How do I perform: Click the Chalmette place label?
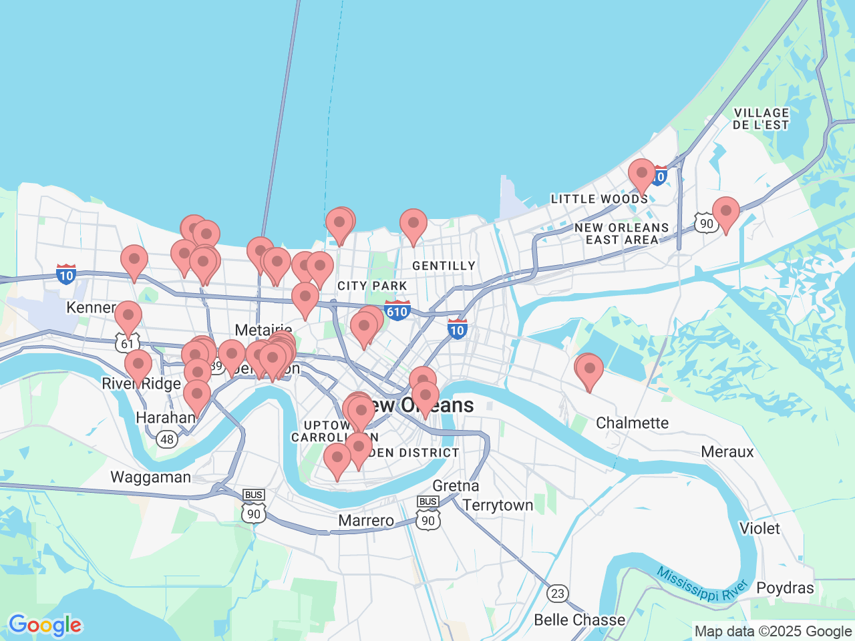pyautogui.click(x=632, y=423)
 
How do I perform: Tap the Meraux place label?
pyautogui.click(x=727, y=452)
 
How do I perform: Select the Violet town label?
pyautogui.click(x=759, y=528)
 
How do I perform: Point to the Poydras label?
pyautogui.click(x=785, y=588)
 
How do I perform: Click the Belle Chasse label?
pyautogui.click(x=579, y=620)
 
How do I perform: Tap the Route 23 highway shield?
pyautogui.click(x=558, y=593)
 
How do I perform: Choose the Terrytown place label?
pyautogui.click(x=498, y=505)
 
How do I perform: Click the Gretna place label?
pyautogui.click(x=456, y=485)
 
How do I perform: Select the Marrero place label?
pyautogui.click(x=366, y=521)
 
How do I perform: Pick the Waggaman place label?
pyautogui.click(x=150, y=477)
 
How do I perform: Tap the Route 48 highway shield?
pyautogui.click(x=166, y=439)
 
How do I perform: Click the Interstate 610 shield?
pyautogui.click(x=397, y=311)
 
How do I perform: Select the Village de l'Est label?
pyautogui.click(x=761, y=119)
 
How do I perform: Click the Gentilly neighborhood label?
pyautogui.click(x=444, y=266)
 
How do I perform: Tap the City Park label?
pyautogui.click(x=372, y=286)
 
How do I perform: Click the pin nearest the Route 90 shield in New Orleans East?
pyautogui.click(x=725, y=212)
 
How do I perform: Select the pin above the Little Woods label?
pyautogui.click(x=641, y=174)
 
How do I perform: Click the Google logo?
pyautogui.click(x=45, y=626)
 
